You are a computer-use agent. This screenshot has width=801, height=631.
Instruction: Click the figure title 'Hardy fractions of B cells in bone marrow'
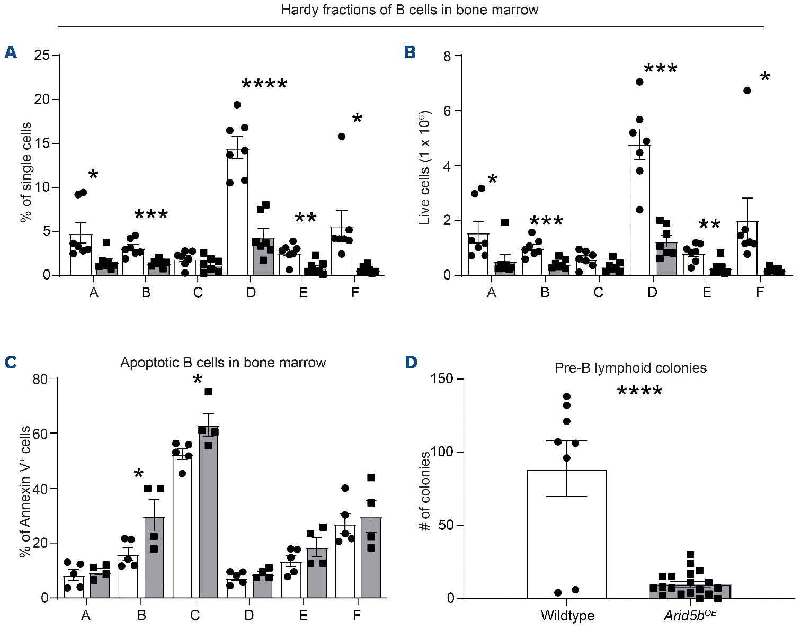pos(410,10)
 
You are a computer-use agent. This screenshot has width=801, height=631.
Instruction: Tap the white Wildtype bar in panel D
pos(566,535)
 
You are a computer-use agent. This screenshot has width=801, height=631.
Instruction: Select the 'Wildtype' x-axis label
pos(567,616)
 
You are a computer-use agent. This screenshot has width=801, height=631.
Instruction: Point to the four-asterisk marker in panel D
pos(639,392)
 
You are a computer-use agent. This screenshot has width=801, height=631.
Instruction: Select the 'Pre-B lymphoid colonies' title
pos(630,368)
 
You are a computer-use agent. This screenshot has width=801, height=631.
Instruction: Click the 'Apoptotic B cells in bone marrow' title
pos(223,363)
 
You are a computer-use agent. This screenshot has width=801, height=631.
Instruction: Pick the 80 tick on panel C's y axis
pos(41,379)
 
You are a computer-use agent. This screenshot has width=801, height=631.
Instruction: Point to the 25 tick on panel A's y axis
pos(43,56)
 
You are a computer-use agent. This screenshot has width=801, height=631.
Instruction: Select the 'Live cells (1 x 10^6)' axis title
pos(425,167)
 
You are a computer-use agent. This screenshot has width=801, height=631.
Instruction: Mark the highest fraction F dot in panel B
pos(747,91)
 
